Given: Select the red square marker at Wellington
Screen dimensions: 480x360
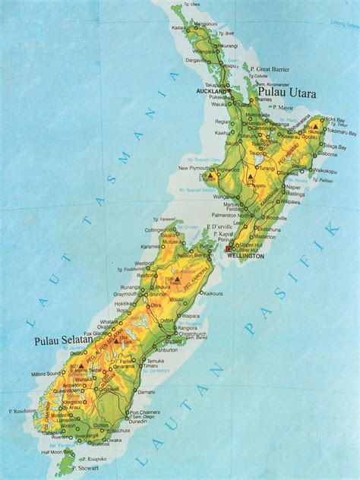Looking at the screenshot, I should pos(227,250).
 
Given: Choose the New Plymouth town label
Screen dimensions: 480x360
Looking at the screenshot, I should pos(194,168).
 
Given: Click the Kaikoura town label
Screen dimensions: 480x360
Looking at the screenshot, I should pos(213,292).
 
